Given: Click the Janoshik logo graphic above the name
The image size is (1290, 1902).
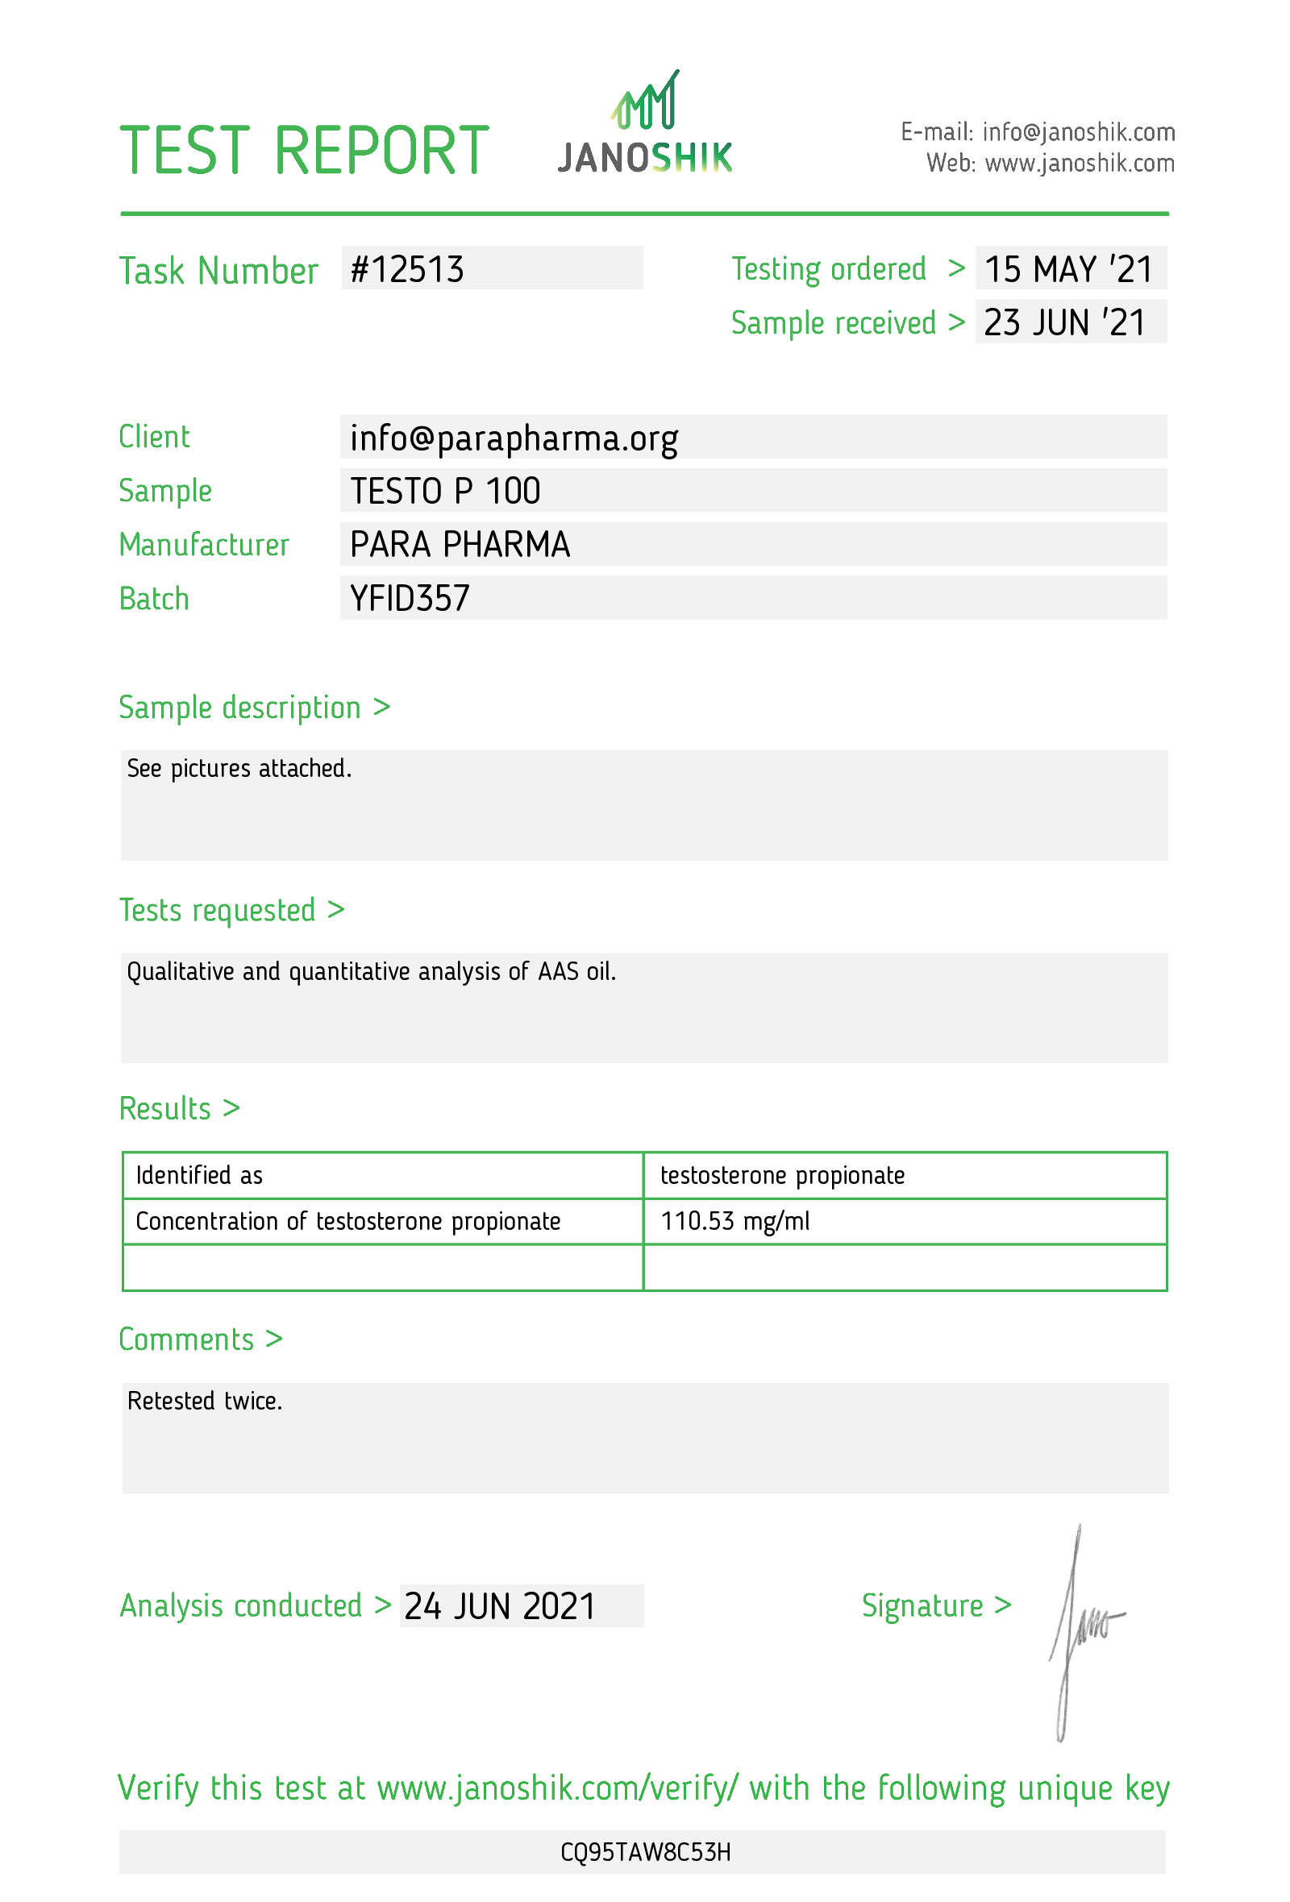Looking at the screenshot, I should point(644,101).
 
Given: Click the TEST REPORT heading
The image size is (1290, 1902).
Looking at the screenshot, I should point(304,151).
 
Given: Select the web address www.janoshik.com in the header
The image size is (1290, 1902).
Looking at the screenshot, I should point(1079,164).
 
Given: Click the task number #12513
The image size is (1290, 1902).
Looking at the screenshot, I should point(407,269).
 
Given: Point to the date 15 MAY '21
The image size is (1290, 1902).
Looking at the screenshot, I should point(1067,269).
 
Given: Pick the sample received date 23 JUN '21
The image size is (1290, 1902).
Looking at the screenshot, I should point(1063,322).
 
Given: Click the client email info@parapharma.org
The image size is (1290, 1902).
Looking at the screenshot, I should point(514,438).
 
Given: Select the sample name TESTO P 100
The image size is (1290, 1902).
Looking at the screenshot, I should point(444,491).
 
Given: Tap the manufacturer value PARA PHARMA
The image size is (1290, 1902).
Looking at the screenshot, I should point(460,544).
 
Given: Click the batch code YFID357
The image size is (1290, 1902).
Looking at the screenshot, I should point(410,598).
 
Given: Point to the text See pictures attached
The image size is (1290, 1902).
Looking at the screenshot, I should point(239,769).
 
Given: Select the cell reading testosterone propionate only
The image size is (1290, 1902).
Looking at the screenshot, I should point(782,1175).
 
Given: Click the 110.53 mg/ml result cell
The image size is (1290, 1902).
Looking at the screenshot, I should point(734,1221).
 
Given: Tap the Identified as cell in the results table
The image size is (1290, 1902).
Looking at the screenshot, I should point(199,1175).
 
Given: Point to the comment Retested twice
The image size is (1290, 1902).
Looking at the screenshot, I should point(205,1402).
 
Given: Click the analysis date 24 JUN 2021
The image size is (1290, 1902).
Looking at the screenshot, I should point(499,1605).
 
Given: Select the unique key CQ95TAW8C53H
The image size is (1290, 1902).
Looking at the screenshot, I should point(645,1852).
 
